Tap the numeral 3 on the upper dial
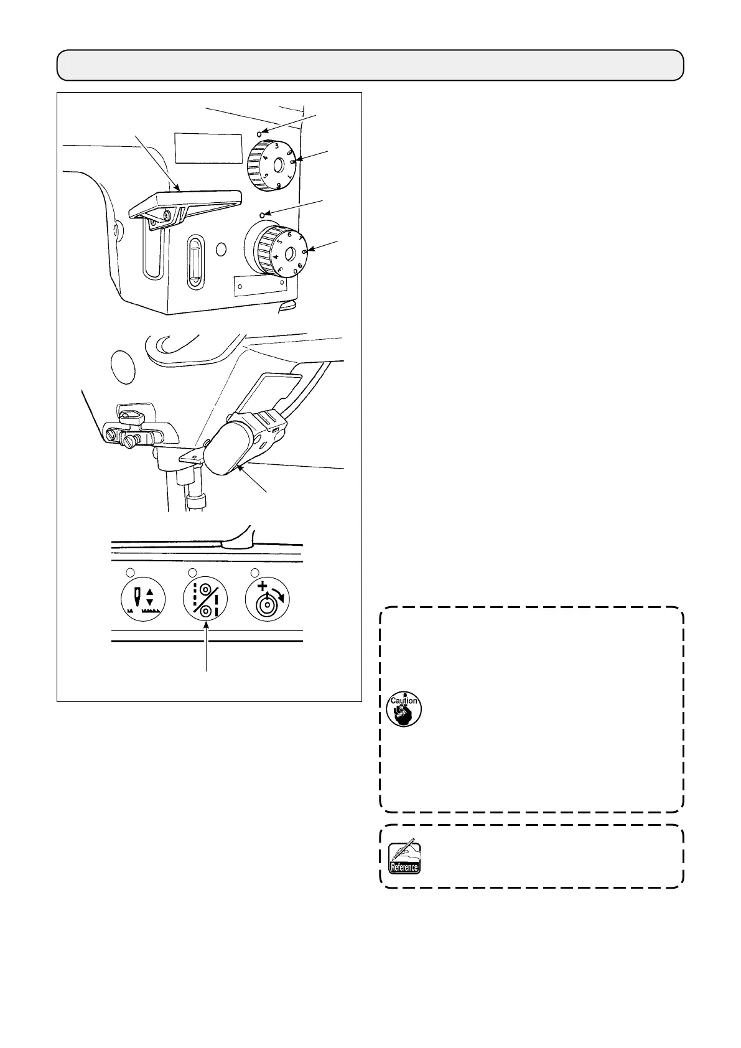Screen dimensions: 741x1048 276,146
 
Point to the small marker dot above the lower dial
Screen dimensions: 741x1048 263,214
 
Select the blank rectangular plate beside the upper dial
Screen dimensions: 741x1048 208,147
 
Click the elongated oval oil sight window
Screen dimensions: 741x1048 195,262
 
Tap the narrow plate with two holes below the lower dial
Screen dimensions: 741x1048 260,285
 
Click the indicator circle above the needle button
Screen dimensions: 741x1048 130,572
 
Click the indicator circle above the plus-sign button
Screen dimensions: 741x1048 254,572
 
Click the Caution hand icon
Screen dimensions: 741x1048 404,709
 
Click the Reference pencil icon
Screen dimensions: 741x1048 404,858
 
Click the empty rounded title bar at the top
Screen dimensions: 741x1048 370,65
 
